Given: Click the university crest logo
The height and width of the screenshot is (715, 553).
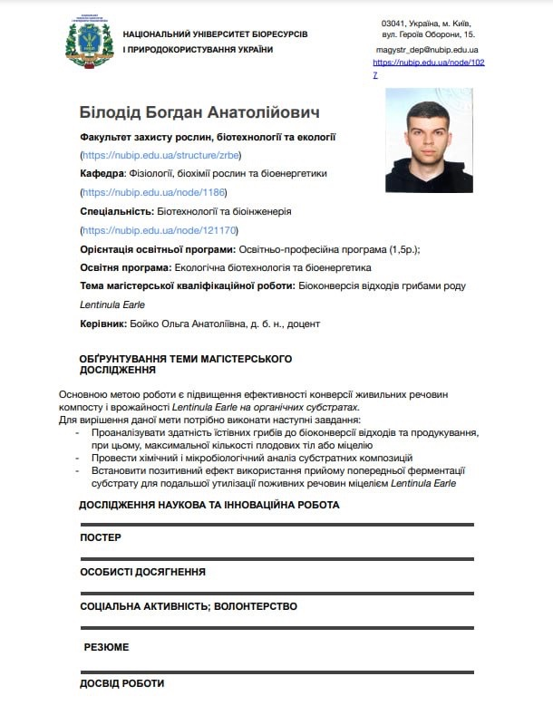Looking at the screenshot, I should (88, 41).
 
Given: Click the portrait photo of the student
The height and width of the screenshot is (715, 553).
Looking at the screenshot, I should (429, 140).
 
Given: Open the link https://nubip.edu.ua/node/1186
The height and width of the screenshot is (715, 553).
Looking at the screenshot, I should (153, 192).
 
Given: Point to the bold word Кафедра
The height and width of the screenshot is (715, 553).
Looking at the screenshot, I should (102, 173).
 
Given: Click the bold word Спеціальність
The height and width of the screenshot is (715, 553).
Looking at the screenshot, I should (116, 211).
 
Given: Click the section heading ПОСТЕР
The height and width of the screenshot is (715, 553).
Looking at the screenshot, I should (100, 537).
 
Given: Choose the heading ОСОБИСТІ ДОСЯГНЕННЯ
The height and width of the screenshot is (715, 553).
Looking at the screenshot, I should (142, 572).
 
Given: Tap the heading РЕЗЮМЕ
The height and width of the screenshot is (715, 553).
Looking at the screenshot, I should (106, 647).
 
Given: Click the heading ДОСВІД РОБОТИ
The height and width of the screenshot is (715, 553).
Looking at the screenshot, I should (121, 682).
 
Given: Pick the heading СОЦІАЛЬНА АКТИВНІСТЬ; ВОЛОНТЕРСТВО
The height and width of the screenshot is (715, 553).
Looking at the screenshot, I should (188, 606).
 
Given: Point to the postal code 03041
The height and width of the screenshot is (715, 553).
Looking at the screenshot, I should (394, 23).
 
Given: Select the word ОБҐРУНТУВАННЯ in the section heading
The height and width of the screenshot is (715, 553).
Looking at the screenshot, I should (124, 359).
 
